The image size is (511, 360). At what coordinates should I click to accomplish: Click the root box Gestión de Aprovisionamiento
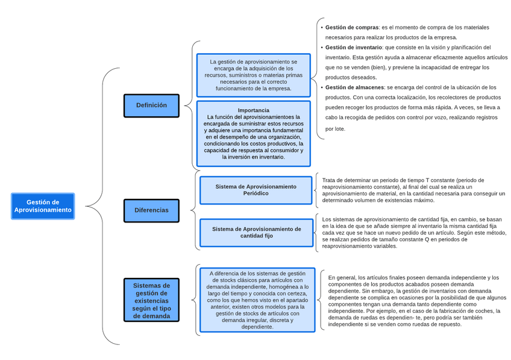tap(43, 206)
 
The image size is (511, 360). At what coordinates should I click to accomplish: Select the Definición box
tap(151, 106)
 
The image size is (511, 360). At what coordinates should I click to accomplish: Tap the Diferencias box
tap(151, 210)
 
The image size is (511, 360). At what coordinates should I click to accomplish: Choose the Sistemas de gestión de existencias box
tap(151, 300)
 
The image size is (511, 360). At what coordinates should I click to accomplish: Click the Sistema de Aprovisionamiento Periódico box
tap(256, 190)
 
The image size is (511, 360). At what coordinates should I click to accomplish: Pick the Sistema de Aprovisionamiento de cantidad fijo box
tap(256, 232)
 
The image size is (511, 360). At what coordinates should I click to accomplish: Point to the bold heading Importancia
tap(253, 110)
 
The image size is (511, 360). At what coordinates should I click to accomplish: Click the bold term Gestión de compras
tap(352, 28)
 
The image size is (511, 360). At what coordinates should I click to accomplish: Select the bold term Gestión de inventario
tap(354, 47)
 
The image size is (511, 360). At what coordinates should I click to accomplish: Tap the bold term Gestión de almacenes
tap(354, 87)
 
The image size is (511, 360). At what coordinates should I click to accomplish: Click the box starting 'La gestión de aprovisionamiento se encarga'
tap(253, 75)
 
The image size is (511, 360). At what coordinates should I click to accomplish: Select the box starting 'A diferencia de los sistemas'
tap(257, 300)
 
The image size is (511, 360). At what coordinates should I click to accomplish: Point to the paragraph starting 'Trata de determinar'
tap(413, 190)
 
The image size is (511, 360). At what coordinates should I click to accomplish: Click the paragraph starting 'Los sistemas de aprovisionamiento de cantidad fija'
tap(413, 233)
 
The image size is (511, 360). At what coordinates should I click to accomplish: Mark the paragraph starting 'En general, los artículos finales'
tap(413, 300)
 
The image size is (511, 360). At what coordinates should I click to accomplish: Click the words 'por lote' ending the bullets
tap(336, 129)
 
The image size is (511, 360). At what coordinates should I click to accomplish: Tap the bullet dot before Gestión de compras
tap(321, 28)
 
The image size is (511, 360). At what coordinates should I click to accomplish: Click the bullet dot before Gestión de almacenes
tap(321, 87)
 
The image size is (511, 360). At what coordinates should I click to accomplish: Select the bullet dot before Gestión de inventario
tap(321, 47)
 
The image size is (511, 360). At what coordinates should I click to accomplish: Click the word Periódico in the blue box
tap(256, 194)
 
